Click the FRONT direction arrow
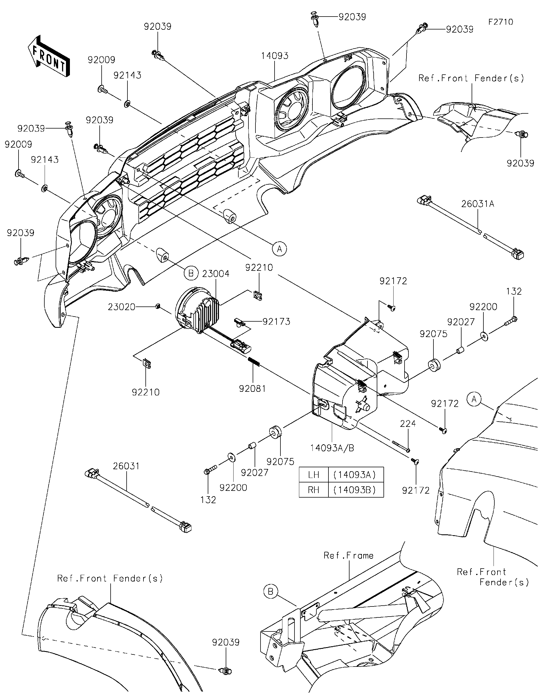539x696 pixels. click(49, 56)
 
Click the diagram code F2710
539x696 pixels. click(501, 22)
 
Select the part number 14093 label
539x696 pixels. click(275, 56)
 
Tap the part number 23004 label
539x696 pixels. click(216, 274)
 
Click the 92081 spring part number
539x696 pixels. click(252, 388)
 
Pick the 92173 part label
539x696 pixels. click(276, 322)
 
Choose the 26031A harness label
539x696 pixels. click(478, 204)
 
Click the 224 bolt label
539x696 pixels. click(408, 423)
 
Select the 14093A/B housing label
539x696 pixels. click(332, 448)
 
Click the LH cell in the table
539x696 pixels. click(314, 475)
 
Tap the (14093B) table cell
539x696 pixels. click(355, 489)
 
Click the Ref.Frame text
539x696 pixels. click(348, 555)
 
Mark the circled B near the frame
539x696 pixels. click(271, 592)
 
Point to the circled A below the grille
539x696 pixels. click(279, 249)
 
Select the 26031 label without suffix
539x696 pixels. click(126, 466)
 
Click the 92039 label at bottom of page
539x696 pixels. click(226, 642)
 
